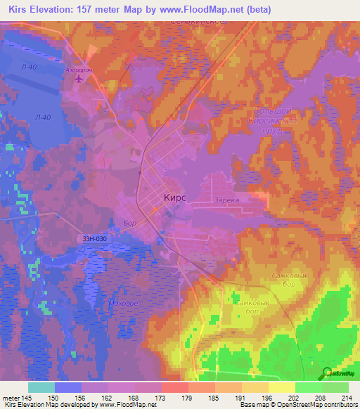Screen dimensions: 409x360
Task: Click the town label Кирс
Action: [174, 198]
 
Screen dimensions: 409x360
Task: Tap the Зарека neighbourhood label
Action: [227, 200]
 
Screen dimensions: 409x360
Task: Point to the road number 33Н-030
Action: [94, 239]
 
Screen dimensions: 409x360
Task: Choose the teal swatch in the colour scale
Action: [41, 387]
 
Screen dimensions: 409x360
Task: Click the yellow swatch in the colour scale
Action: [281, 387]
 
